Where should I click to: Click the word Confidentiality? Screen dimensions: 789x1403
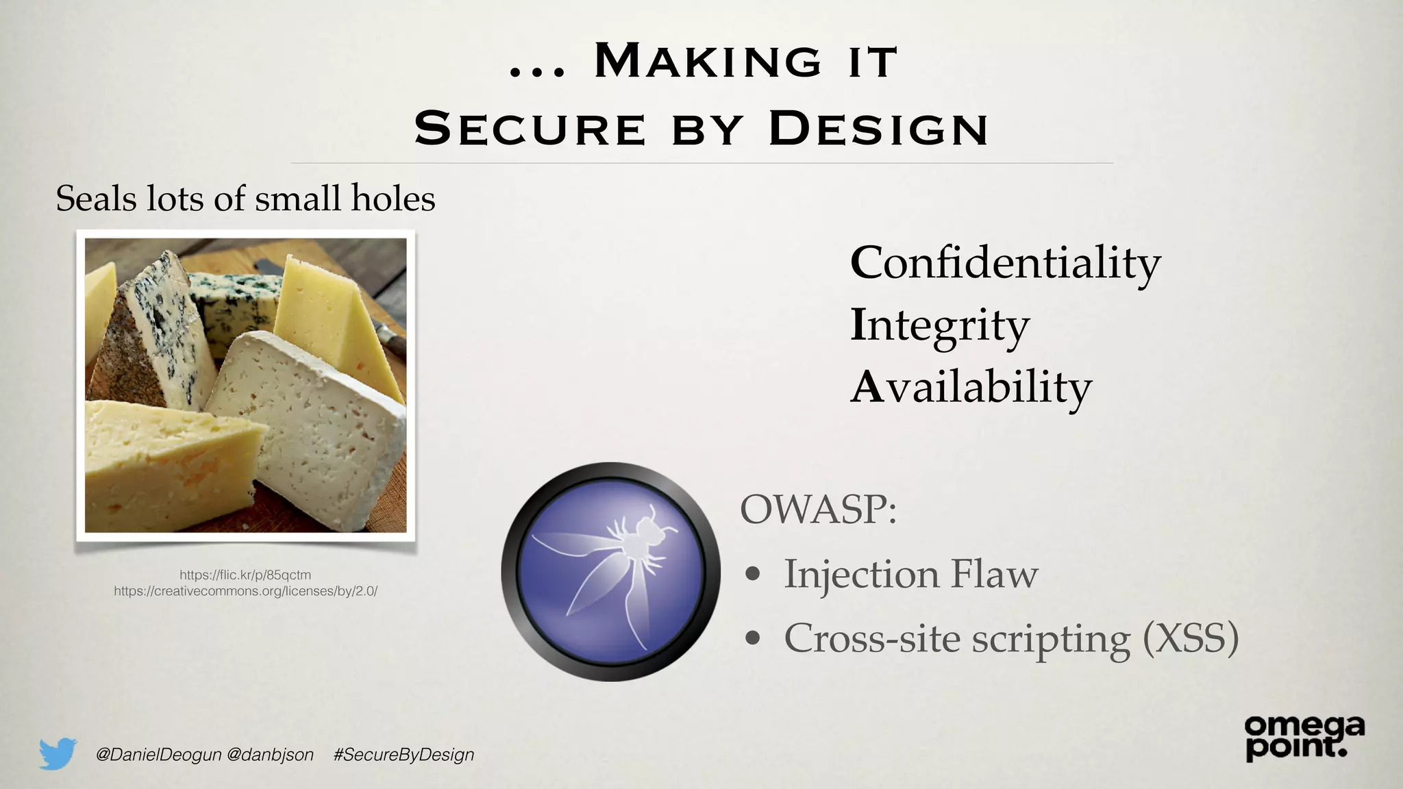pos(1005,264)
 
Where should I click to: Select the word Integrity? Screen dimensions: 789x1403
pos(939,326)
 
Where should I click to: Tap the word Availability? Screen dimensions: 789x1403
pos(970,388)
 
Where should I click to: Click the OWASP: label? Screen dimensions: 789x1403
pos(818,510)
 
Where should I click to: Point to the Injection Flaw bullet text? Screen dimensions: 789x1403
pos(910,574)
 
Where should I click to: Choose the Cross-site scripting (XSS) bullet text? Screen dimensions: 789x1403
pos(1011,638)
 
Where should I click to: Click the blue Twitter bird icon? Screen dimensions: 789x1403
pos(57,753)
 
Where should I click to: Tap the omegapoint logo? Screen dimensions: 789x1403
pos(1304,737)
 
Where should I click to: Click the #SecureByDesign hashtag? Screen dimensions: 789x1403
pos(403,755)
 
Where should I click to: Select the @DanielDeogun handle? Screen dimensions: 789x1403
pos(158,755)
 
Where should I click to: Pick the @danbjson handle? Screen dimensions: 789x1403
pos(270,755)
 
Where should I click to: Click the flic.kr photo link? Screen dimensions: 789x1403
pos(245,575)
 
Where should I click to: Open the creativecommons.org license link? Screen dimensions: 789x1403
pos(245,590)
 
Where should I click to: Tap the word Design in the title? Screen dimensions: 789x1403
pos(878,128)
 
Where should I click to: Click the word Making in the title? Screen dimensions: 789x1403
pos(708,61)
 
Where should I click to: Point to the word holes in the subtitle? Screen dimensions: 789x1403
pos(393,199)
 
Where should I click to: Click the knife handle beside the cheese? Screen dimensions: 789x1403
pos(393,338)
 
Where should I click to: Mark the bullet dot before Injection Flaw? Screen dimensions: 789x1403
pos(753,575)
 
